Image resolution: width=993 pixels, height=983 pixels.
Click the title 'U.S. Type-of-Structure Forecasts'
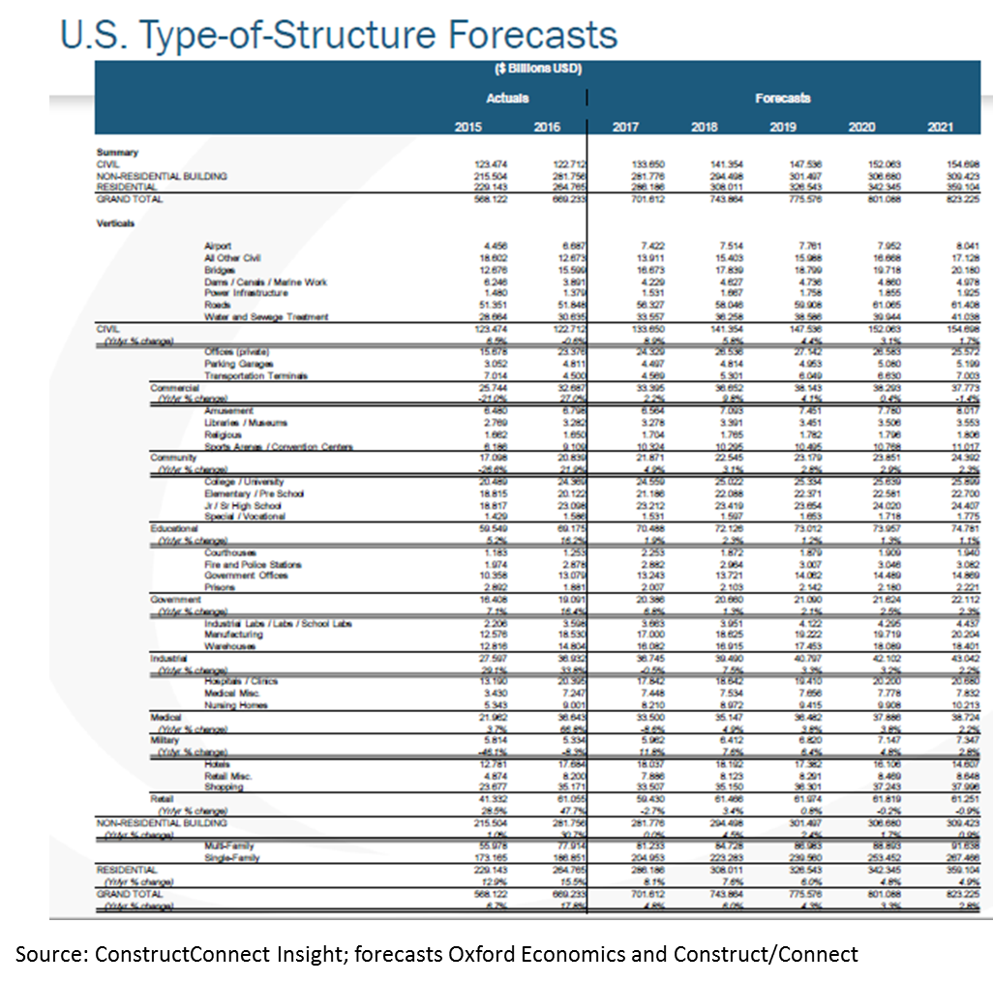[x=339, y=35]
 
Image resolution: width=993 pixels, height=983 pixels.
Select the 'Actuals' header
[x=507, y=98]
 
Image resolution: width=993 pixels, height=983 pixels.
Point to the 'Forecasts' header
[x=782, y=98]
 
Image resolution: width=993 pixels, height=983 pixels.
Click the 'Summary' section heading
[x=117, y=153]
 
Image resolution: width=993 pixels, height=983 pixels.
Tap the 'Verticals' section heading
[x=115, y=222]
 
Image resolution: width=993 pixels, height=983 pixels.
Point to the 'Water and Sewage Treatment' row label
[x=266, y=316]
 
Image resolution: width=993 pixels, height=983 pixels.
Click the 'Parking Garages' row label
[x=236, y=364]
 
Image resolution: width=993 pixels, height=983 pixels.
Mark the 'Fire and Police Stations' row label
[x=247, y=564]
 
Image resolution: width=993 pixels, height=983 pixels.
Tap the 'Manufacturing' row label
[x=232, y=635]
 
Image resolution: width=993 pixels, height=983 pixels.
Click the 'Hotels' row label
[x=217, y=763]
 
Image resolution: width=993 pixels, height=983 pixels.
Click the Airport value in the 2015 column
[x=466, y=247]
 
